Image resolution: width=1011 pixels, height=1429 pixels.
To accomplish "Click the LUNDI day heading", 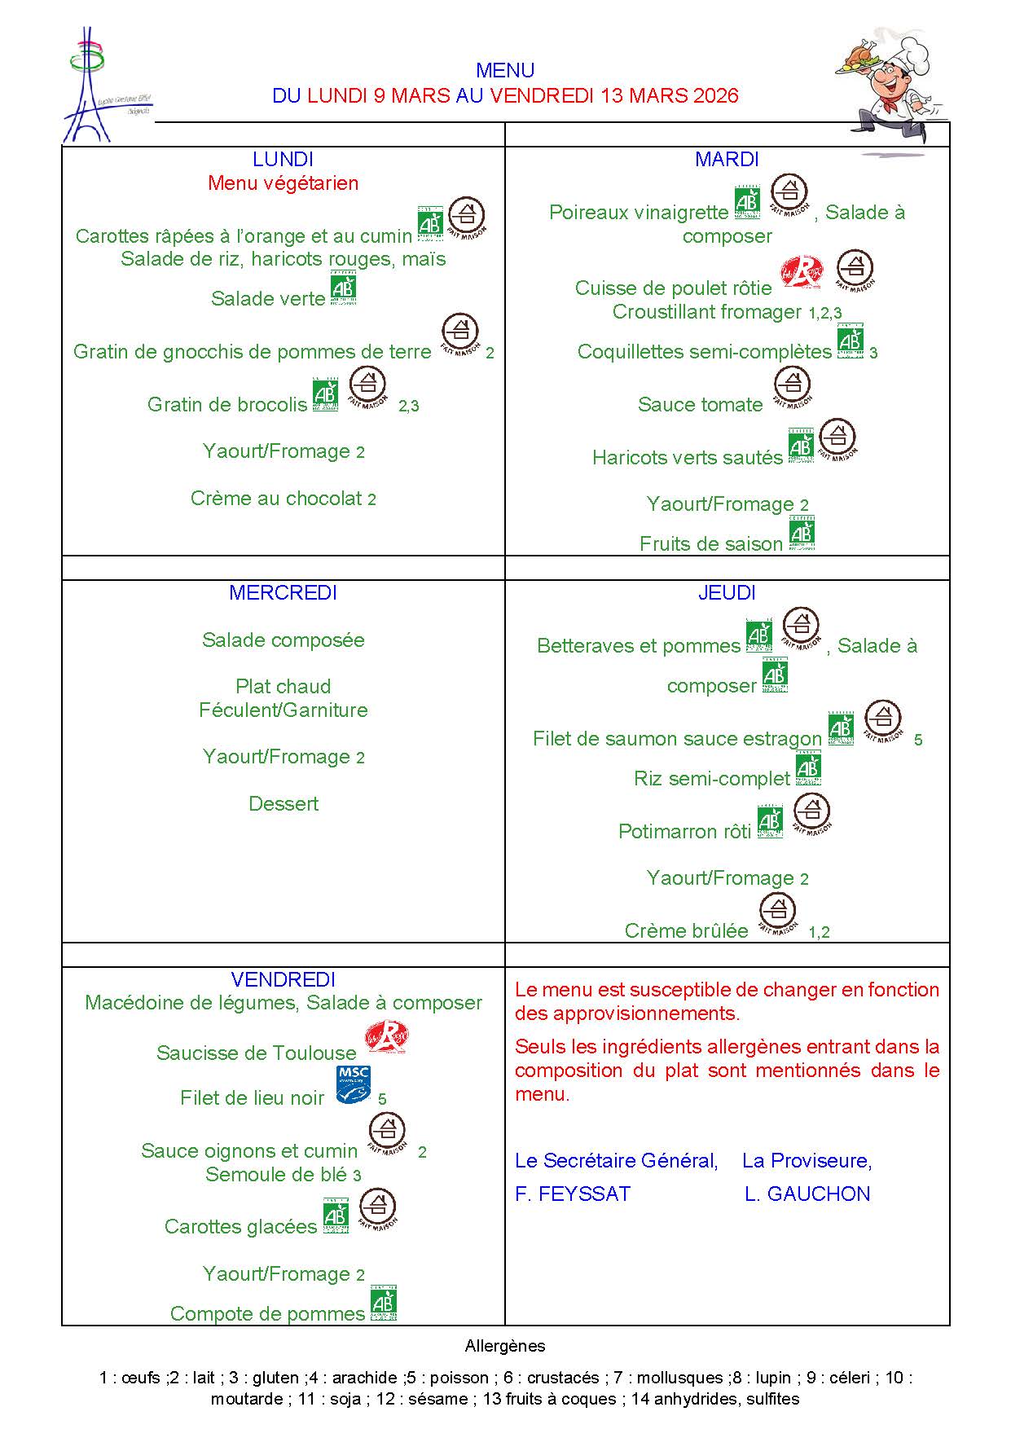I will click(283, 160).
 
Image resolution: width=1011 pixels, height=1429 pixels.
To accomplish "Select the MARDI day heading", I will click(727, 160).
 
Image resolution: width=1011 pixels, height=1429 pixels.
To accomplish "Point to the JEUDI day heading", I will click(727, 593).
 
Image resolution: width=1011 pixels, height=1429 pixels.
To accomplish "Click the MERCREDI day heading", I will click(283, 593).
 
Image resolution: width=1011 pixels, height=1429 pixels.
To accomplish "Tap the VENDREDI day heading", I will click(283, 979).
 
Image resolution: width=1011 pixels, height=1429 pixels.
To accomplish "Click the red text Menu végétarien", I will click(283, 183).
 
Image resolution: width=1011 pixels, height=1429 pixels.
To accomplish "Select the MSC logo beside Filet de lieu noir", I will click(353, 1086).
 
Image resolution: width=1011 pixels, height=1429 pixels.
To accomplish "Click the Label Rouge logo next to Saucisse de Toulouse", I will click(386, 1040).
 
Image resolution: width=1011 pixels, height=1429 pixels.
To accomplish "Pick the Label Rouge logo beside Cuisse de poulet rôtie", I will click(802, 272).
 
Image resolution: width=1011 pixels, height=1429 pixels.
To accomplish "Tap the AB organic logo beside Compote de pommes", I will click(384, 1304).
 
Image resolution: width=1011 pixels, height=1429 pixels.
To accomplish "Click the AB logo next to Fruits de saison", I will click(801, 534).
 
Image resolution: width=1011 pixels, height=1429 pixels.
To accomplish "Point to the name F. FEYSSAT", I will click(573, 1194).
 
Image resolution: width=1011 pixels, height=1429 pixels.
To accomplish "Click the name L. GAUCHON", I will click(807, 1194).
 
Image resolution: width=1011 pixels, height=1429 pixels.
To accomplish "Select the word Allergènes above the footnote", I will click(505, 1347).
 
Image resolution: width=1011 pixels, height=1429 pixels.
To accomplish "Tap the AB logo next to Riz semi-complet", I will click(807, 770).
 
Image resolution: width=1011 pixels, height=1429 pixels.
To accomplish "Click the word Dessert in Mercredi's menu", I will click(283, 804).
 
